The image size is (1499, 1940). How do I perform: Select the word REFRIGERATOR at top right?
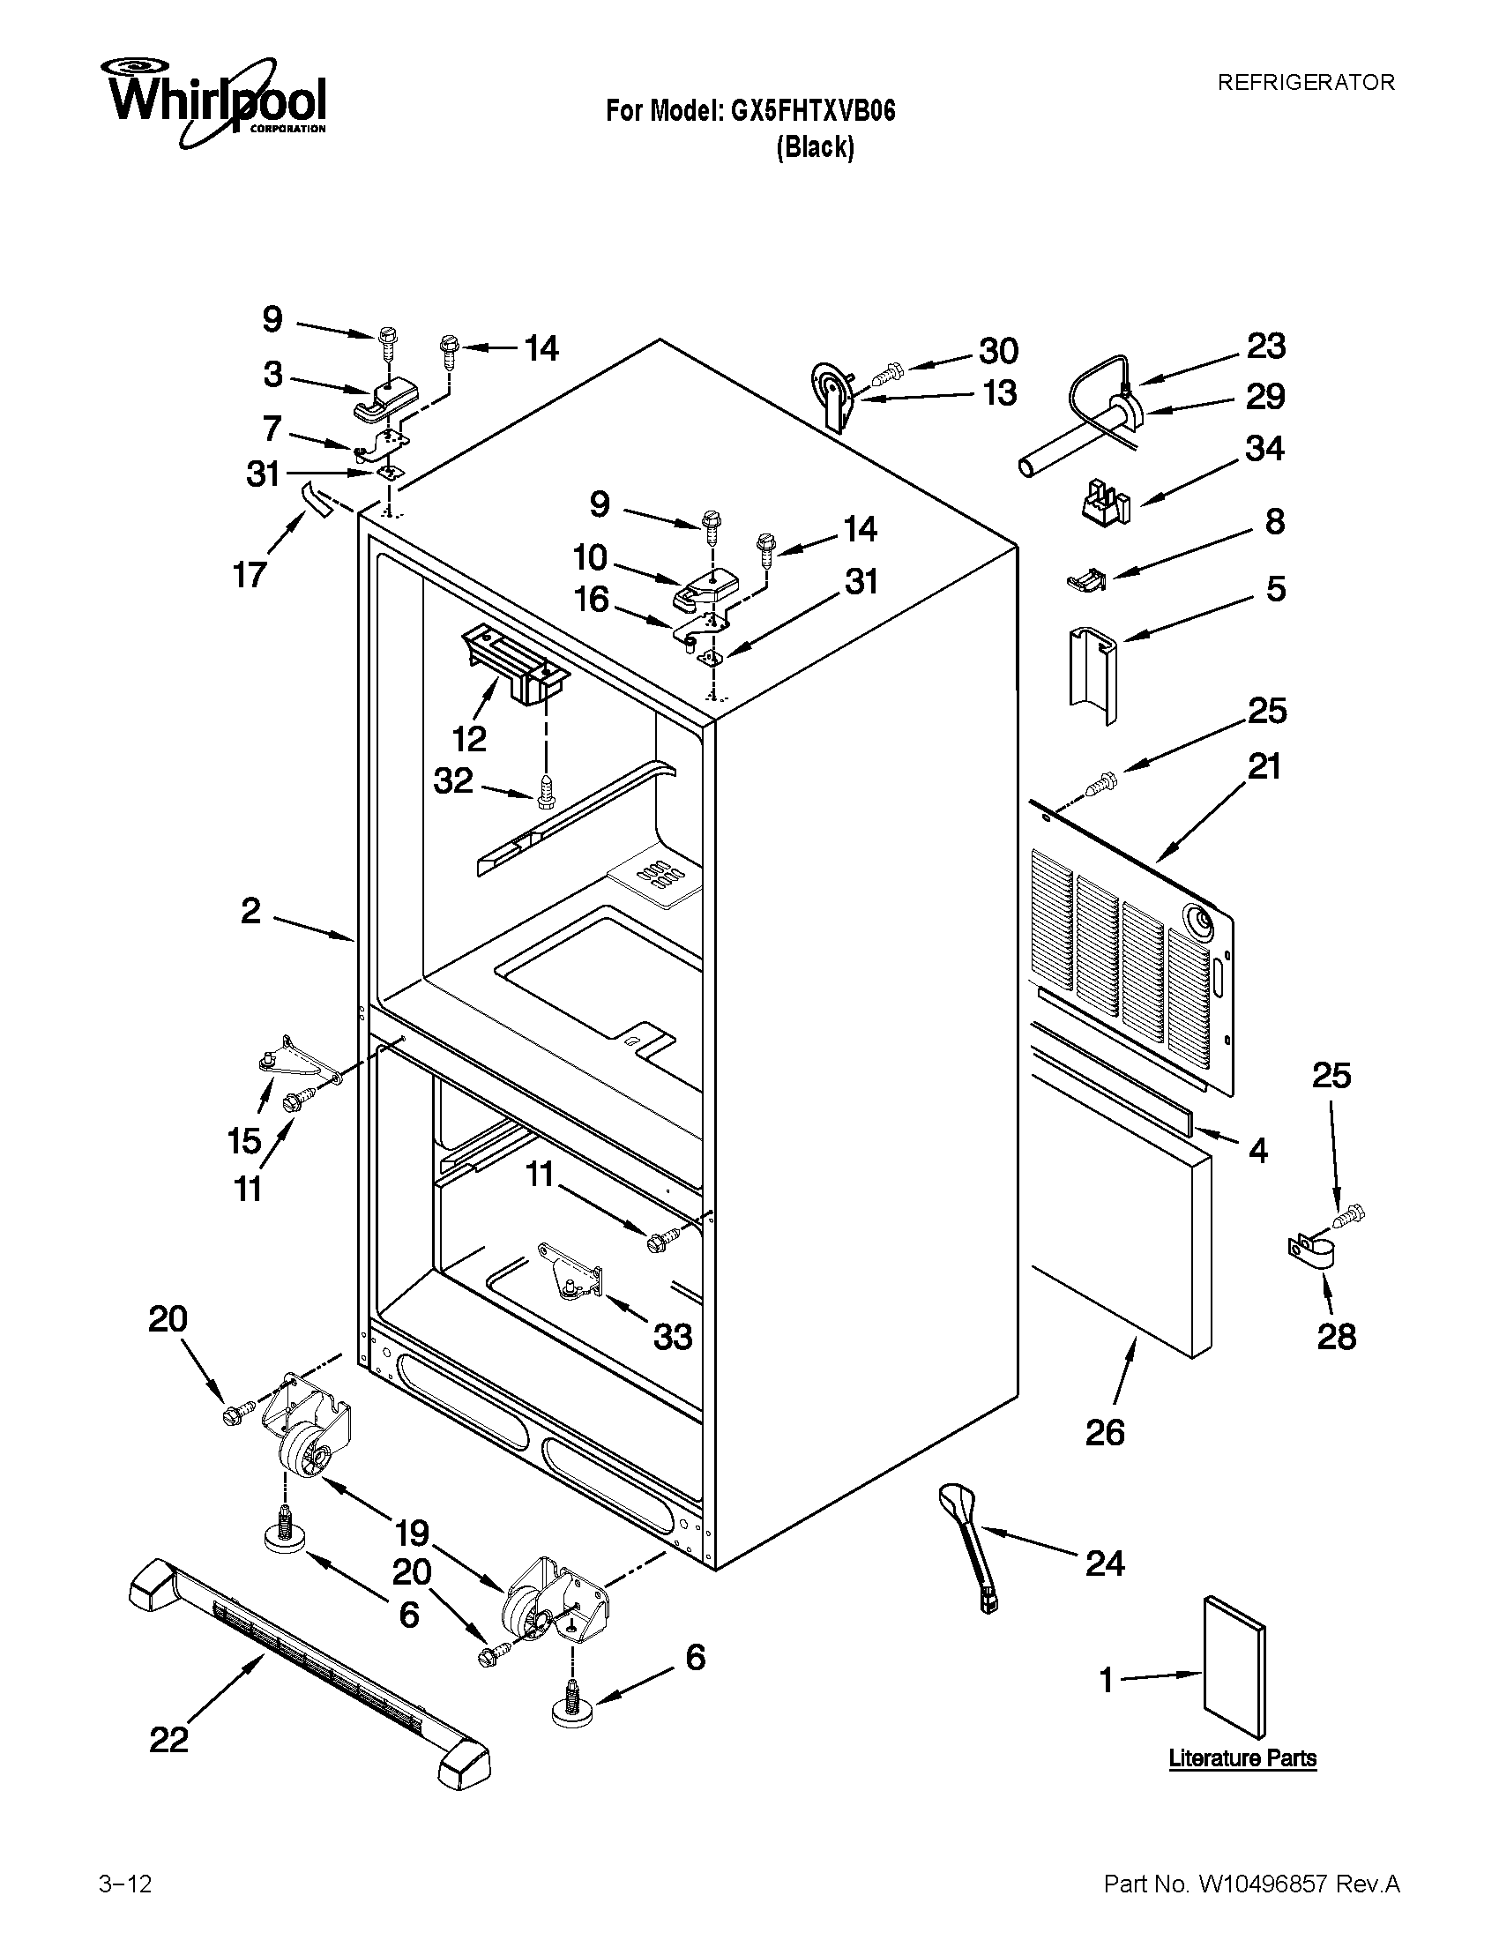pyautogui.click(x=1305, y=83)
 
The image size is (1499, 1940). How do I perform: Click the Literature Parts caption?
pyautogui.click(x=1242, y=1757)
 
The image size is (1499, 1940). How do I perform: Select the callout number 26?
pyautogui.click(x=1104, y=1432)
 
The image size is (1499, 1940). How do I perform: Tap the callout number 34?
pyautogui.click(x=1264, y=449)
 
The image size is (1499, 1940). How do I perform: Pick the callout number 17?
pyautogui.click(x=250, y=575)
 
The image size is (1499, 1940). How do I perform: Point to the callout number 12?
pyautogui.click(x=469, y=737)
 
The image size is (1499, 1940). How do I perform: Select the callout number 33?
pyautogui.click(x=672, y=1335)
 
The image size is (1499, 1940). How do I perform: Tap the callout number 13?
pyautogui.click(x=999, y=393)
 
